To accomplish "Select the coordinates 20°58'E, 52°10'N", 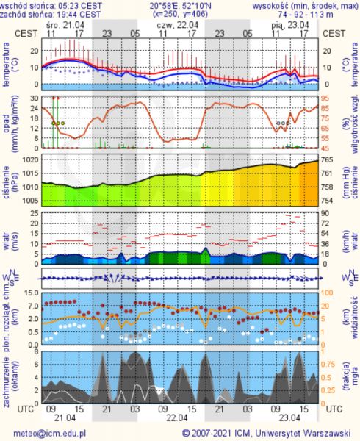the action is click(180, 6).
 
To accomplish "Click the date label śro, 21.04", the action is click(65, 25).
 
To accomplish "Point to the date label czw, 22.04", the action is click(178, 25).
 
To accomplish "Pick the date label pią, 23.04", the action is click(290, 25).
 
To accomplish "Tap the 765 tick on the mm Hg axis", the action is click(327, 159).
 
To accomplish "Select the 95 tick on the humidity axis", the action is click(325, 98).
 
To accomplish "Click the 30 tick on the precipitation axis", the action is click(35, 98).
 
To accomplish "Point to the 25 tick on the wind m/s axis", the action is click(35, 213).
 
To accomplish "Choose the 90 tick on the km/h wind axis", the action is click(325, 213).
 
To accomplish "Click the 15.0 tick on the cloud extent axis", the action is click(32, 293).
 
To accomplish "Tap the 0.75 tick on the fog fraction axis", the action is click(328, 365).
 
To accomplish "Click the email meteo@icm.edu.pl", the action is click(50, 434).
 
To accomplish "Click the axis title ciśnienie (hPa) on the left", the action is click(9, 182).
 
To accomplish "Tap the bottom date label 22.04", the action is click(177, 417).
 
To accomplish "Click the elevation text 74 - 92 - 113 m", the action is click(306, 14).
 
